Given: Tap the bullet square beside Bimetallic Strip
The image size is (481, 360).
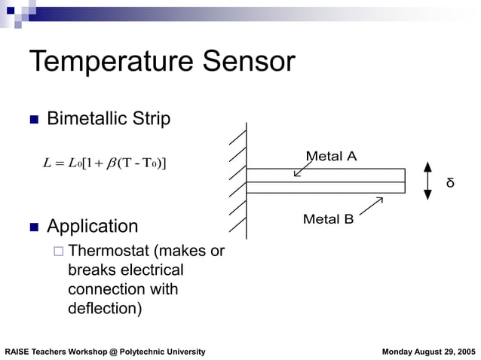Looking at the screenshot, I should tap(33, 120).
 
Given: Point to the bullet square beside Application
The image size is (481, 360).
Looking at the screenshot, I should tap(33, 227).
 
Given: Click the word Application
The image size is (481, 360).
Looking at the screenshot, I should tap(92, 227).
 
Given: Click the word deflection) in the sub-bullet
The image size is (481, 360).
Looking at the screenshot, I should tap(104, 308).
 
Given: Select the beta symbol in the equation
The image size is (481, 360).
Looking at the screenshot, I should tap(111, 163).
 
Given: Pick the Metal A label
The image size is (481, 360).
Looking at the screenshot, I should tap(331, 157).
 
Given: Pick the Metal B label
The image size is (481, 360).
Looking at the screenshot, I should tap(328, 219).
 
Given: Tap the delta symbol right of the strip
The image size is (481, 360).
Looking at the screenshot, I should tap(450, 183).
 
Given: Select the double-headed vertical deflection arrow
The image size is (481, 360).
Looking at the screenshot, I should tap(427, 181).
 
